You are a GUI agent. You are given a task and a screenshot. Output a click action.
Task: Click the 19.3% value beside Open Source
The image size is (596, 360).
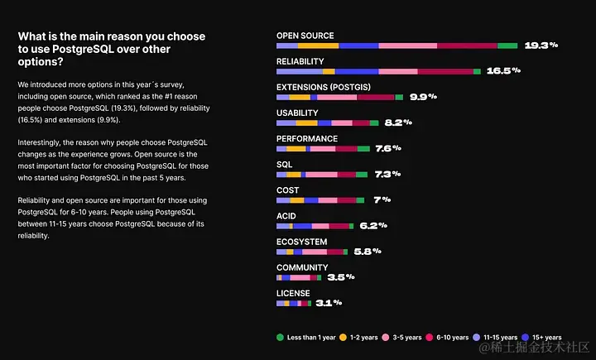tap(541, 46)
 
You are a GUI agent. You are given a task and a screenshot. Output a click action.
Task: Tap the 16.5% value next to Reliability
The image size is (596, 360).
tap(503, 71)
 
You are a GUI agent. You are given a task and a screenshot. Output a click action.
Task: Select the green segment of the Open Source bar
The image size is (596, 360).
tap(507, 46)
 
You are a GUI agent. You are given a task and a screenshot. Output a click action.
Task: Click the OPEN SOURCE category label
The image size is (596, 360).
tap(305, 36)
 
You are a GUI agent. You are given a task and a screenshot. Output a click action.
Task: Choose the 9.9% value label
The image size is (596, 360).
tap(423, 97)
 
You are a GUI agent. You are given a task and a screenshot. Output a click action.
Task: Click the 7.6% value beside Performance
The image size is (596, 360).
tap(387, 148)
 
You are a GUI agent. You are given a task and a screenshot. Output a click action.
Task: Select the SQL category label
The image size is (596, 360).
tap(284, 164)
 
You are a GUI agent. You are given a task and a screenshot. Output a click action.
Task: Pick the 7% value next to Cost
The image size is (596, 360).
tap(382, 199)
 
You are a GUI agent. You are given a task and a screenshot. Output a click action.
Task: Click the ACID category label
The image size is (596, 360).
tap(286, 215)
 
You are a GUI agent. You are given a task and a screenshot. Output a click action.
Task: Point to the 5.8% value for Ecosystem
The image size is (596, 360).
tap(367, 251)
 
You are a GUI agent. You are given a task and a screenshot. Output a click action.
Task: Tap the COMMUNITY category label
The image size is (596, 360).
tap(302, 267)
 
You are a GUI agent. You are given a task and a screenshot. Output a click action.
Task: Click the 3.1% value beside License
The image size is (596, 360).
tap(329, 303)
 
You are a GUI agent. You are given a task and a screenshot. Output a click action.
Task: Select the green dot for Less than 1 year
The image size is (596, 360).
tap(281, 337)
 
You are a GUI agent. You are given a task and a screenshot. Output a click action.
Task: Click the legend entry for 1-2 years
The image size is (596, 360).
tap(361, 338)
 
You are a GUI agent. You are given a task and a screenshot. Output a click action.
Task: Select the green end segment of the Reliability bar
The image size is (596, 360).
tap(477, 71)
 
